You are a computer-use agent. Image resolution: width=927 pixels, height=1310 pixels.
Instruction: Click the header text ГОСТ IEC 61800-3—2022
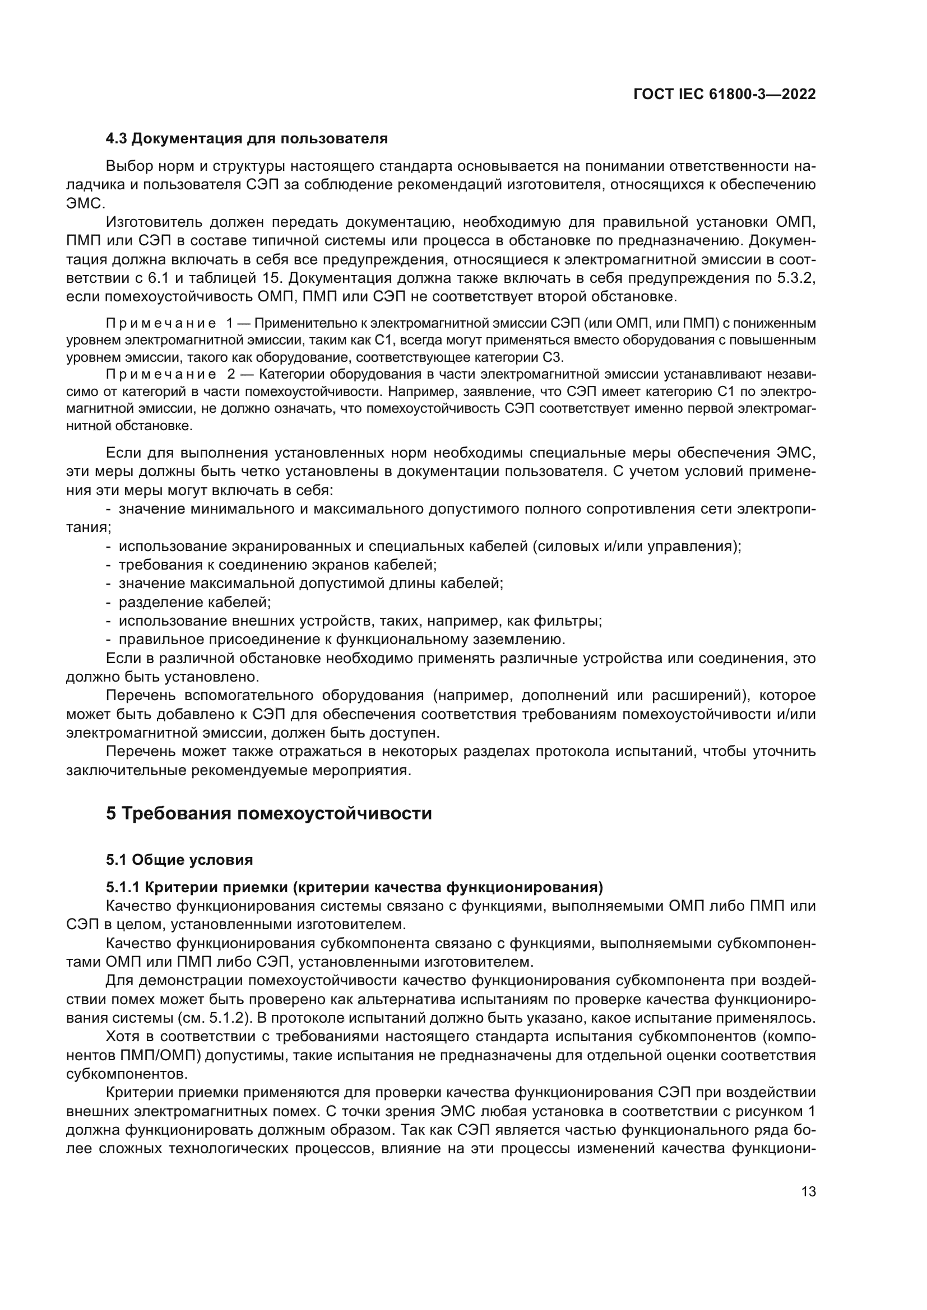pos(724,95)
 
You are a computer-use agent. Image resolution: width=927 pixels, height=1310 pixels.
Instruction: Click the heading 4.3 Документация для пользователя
pos(247,139)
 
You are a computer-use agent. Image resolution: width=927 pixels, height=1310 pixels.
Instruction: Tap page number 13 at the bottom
pos(808,1191)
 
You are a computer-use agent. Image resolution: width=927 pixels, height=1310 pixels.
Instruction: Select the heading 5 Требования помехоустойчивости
pos(269,813)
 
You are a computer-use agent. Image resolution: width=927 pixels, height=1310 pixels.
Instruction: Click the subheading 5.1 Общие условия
pos(179,860)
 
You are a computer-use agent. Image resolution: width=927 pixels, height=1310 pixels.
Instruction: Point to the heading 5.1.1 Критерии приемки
pos(354,887)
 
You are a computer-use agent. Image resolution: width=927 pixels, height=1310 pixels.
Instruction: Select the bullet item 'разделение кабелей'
pos(194,603)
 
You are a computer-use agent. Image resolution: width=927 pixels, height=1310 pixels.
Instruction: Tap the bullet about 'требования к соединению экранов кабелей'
pos(277,565)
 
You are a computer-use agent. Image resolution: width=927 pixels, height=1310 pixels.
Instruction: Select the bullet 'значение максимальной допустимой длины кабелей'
pos(310,584)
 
